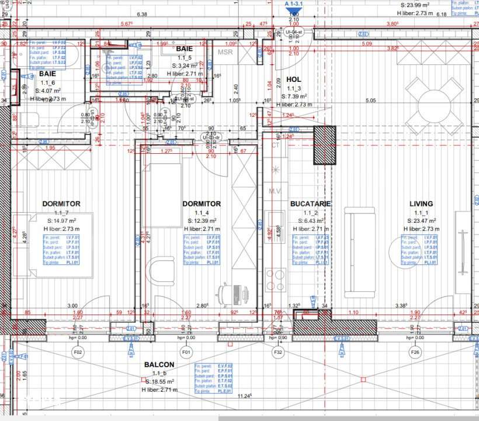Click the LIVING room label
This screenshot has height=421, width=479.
coord(421,204)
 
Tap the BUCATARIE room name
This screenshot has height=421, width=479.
coord(311,204)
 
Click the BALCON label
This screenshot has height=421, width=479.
coord(159,364)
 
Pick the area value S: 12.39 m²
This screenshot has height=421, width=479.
coord(202,220)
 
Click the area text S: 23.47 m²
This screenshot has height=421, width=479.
coord(421,220)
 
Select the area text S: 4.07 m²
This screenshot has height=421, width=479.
coord(48,91)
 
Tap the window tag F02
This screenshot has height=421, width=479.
coord(77,352)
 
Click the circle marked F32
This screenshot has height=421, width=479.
coord(279,352)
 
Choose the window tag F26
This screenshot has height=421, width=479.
coord(415,352)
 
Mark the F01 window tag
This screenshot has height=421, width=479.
coord(186,352)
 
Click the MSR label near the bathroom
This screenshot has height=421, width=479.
coord(225,53)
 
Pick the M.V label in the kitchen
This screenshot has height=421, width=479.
coord(275,191)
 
